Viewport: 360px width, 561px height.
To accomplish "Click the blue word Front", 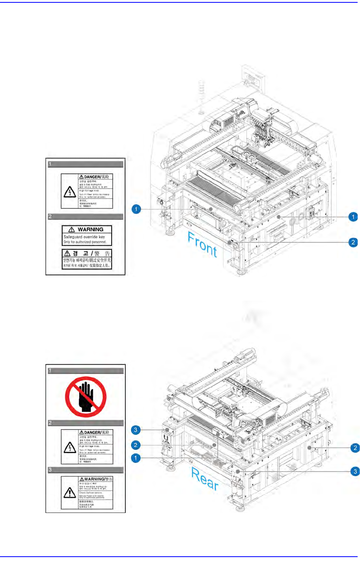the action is [x=202, y=245].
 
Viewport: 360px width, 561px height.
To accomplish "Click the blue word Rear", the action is [x=205, y=478].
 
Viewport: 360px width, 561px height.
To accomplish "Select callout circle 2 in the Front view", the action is [x=353, y=242].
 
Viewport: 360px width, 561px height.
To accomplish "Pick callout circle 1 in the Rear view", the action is [x=136, y=458].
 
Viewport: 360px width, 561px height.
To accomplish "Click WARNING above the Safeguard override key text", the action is [x=90, y=229].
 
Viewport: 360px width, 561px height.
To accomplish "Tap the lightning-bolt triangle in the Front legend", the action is [x=70, y=192].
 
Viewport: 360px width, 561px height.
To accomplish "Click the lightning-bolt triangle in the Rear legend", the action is [x=70, y=448].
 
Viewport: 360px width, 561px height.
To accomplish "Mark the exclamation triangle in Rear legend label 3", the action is [x=70, y=492].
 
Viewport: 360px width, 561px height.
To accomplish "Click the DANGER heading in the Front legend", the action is [x=92, y=177].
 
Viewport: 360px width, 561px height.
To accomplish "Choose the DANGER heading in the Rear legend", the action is [x=92, y=433].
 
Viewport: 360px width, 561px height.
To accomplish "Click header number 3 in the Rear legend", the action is [x=50, y=470].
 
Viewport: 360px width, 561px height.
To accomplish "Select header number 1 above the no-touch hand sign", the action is [x=50, y=371].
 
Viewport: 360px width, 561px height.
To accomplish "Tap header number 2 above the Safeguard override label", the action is [x=50, y=217].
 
